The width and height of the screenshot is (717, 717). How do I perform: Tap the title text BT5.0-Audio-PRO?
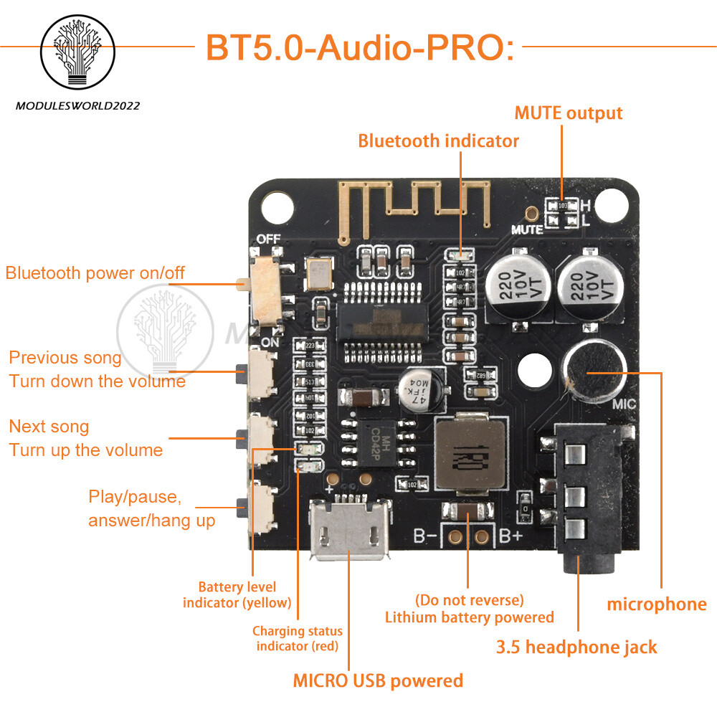coord(360,47)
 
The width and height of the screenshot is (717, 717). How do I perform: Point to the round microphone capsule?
coord(594,369)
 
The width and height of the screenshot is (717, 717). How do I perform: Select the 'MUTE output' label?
coord(569,113)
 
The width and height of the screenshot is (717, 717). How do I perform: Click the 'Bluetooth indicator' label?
coord(438,141)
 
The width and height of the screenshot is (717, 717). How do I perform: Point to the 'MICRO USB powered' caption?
coord(378,680)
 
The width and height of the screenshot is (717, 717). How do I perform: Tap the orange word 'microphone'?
coord(657,604)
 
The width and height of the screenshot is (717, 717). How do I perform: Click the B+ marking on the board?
coord(510,536)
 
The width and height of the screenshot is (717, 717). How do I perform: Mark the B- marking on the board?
coord(427,536)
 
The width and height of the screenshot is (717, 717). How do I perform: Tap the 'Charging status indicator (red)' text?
coord(297,638)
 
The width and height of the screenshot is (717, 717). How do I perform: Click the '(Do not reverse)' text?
coord(469,599)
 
